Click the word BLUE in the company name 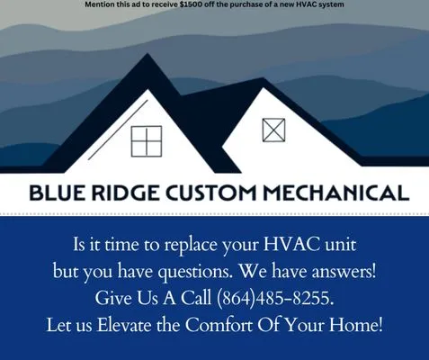click(x=59, y=192)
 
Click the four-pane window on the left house click(x=146, y=140)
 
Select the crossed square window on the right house click(x=273, y=130)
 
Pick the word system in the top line click(x=329, y=4)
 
